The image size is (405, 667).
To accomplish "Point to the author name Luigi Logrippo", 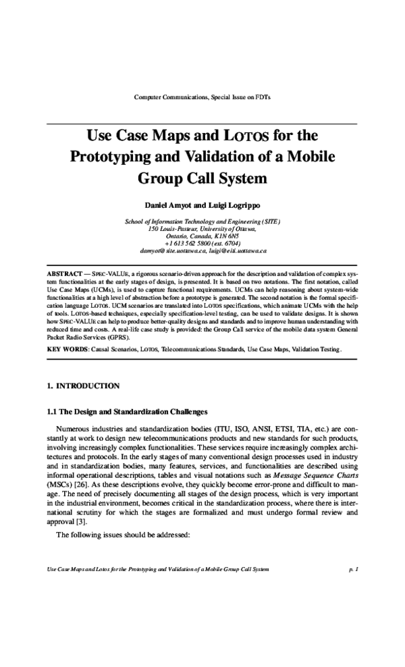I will coord(233,204).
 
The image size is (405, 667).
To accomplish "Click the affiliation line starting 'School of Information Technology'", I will coord(202,221).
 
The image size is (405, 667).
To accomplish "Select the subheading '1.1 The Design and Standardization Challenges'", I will coord(126,412).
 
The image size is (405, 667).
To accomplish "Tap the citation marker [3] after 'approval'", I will coord(81,521).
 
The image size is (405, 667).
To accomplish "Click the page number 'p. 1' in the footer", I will coord(352,569).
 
